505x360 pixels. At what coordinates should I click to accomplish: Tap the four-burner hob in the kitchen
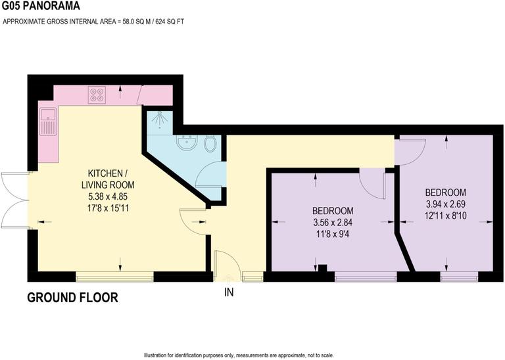[x=97, y=95]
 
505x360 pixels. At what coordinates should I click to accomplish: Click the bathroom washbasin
[x=187, y=142]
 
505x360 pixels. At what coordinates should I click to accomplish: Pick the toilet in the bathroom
[x=210, y=143]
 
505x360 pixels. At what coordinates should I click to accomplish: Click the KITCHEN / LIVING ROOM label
[x=108, y=179]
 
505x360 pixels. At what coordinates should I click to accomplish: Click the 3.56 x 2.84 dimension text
[x=333, y=221]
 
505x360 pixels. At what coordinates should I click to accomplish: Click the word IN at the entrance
[x=228, y=292]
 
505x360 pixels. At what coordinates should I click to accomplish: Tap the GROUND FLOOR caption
[x=72, y=298]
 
